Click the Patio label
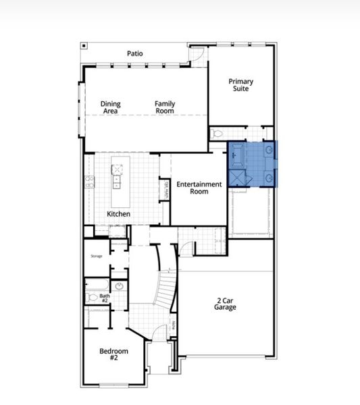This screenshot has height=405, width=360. (x=134, y=53)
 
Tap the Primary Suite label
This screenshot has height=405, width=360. (x=240, y=84)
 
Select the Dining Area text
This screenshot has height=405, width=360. (x=111, y=107)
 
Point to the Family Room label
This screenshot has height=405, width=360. (x=165, y=107)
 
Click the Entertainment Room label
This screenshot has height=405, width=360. (x=199, y=188)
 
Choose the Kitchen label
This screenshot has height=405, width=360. (x=118, y=215)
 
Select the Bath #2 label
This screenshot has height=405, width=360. (x=105, y=297)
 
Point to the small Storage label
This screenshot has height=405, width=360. (x=97, y=256)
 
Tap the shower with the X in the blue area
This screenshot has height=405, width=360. (x=237, y=177)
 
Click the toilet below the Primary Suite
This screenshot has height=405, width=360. (x=217, y=134)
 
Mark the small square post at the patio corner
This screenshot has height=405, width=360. (x=83, y=46)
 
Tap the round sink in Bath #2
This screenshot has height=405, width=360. (x=119, y=286)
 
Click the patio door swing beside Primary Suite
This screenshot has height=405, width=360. (x=197, y=55)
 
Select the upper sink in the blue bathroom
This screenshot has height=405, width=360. (x=268, y=149)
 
